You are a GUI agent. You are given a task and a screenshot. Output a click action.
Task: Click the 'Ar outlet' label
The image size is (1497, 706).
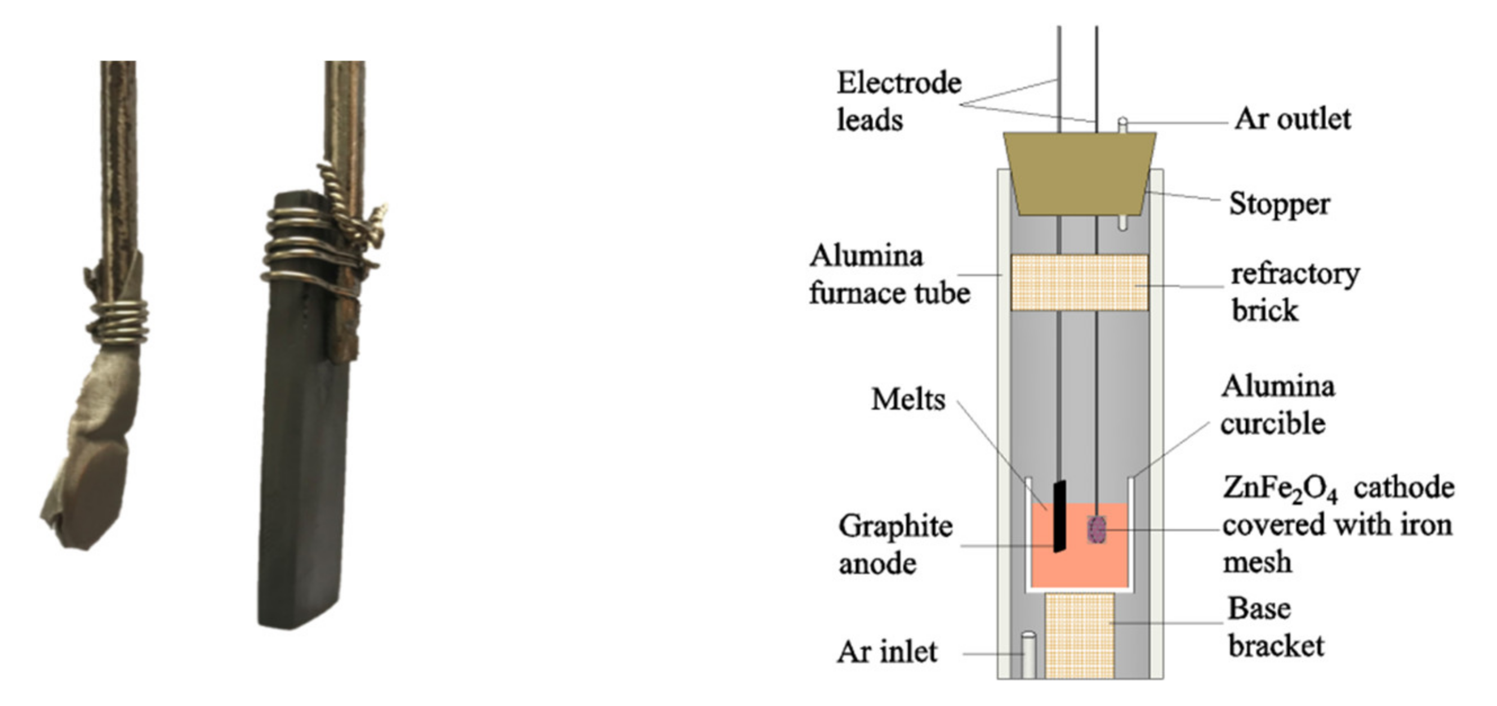[x=1293, y=120]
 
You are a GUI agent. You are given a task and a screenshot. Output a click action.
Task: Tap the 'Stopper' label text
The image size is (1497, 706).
[x=1279, y=204]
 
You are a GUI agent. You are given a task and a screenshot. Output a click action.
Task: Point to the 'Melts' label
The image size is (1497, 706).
[x=908, y=400]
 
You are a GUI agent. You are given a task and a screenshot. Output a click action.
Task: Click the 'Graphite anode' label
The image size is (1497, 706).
[x=895, y=545]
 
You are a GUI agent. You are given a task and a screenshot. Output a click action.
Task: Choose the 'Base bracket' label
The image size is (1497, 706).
[x=1276, y=628]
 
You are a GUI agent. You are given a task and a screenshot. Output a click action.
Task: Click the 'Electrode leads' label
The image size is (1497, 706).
[x=898, y=102]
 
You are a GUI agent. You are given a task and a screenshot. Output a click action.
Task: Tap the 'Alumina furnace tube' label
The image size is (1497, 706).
[x=889, y=274]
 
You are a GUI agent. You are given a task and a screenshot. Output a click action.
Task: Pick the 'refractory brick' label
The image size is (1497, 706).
[x=1295, y=292]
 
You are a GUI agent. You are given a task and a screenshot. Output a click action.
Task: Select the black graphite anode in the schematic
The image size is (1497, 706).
[x=1059, y=516]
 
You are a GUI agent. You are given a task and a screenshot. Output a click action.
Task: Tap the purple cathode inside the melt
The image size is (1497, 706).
[x=1097, y=529]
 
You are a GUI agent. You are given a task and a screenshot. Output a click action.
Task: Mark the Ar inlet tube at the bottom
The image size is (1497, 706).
[x=1028, y=655]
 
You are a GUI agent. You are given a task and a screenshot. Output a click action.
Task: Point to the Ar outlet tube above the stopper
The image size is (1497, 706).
[x=1122, y=125]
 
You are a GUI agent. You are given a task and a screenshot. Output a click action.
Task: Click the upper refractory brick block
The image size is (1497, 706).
[x=1079, y=283]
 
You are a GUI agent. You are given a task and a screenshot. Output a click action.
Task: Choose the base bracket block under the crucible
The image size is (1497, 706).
[x=1079, y=636]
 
